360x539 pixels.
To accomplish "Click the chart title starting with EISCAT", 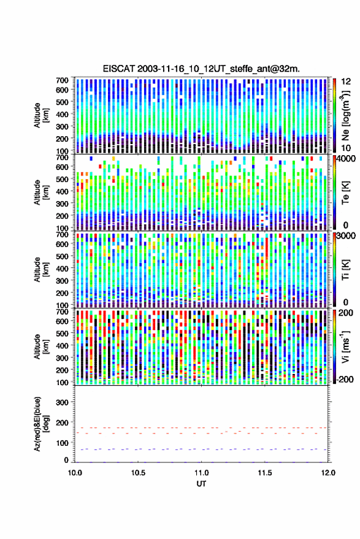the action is [x=201, y=69].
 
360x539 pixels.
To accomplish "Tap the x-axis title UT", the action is [x=201, y=484].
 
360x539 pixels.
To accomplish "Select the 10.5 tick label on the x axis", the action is [x=138, y=473].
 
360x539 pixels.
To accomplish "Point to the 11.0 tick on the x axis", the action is [x=202, y=473].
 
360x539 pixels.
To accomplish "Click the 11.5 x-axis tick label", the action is [x=264, y=473].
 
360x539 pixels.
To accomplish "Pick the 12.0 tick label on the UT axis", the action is [x=328, y=473].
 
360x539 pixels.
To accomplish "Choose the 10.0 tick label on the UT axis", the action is [x=75, y=473].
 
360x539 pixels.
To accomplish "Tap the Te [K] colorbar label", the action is [x=345, y=193].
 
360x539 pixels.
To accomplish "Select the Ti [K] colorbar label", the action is [x=345, y=269].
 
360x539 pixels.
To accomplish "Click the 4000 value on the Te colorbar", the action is [x=347, y=159].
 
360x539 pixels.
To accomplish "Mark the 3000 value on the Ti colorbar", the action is [x=347, y=236].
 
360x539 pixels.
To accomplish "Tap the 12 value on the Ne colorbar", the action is [x=346, y=81].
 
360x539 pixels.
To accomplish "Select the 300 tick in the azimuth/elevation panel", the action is [x=62, y=402].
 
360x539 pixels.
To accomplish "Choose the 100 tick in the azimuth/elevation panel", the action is [x=62, y=443].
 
